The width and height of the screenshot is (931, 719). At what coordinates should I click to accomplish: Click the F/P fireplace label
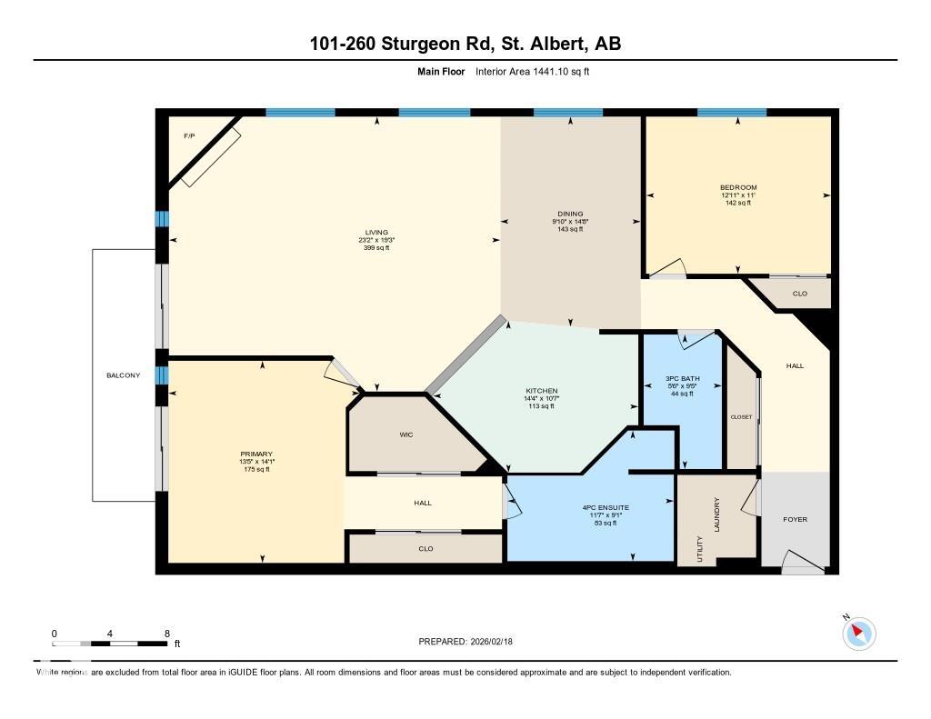[189, 135]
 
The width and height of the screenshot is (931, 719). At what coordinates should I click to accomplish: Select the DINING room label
[571, 214]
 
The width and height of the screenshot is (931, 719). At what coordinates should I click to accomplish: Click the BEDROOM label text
[737, 187]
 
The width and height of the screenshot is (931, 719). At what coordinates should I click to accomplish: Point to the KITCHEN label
[540, 391]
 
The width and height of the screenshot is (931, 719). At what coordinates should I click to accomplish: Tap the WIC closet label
[406, 434]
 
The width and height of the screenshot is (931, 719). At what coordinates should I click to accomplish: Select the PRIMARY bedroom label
[256, 454]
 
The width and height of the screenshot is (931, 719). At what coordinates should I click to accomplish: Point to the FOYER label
[795, 519]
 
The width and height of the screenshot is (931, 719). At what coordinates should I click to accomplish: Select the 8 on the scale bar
[166, 634]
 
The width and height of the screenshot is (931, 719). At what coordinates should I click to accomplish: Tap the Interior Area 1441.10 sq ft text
[533, 71]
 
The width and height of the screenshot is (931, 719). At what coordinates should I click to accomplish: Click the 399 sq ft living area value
[375, 248]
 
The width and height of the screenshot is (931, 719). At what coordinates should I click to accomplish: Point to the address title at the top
[465, 44]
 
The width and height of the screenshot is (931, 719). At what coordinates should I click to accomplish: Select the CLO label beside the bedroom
[799, 294]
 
